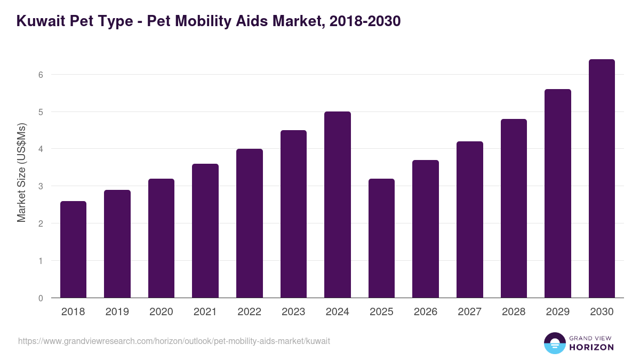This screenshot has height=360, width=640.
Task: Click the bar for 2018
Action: click(73, 250)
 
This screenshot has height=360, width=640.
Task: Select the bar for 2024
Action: click(338, 205)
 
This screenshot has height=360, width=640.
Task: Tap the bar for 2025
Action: click(381, 238)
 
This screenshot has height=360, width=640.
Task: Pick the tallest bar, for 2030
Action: click(602, 179)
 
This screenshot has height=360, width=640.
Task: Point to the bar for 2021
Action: click(205, 231)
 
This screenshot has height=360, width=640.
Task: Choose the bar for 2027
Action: click(469, 220)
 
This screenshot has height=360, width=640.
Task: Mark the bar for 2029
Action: click(557, 194)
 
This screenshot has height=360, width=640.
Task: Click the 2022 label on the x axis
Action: click(249, 312)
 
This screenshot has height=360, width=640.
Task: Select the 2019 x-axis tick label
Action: click(117, 312)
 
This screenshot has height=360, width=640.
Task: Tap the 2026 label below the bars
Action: click(425, 312)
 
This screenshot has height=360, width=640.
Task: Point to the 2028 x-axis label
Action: click(514, 312)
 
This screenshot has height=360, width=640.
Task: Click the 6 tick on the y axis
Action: click(41, 75)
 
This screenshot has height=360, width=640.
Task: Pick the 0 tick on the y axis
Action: click(41, 298)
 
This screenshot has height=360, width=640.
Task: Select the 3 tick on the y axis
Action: click(41, 186)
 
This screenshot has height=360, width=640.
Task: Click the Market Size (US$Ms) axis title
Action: click(21, 173)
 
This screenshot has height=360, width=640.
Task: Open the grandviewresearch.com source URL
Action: click(174, 341)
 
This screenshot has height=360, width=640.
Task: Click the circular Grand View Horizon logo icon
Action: click(554, 343)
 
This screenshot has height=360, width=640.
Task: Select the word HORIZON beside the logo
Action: click(591, 347)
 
